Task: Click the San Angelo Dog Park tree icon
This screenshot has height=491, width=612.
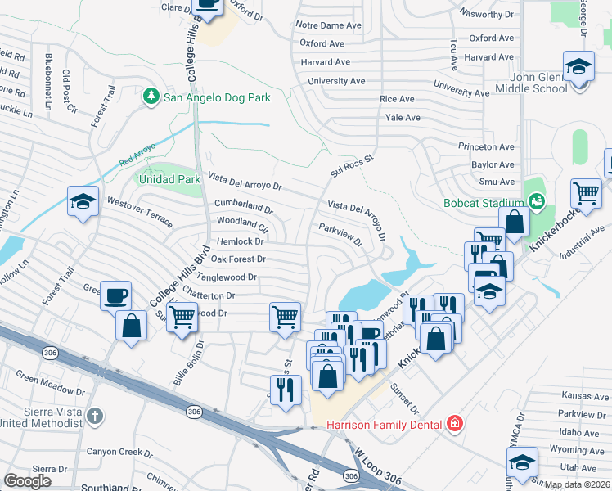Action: [x=151, y=97]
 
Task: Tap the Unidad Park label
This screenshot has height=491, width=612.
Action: [x=170, y=178]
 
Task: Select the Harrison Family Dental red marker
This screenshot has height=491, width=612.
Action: [x=453, y=424]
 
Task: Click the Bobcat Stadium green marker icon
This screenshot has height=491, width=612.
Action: [x=536, y=200]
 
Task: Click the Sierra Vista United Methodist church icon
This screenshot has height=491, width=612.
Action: [x=95, y=415]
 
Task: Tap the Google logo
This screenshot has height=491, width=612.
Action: [x=29, y=481]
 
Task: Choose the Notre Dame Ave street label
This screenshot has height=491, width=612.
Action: [x=331, y=25]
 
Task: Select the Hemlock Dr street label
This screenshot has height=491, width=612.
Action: [x=241, y=241]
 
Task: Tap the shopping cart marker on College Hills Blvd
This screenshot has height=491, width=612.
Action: [x=182, y=315]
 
